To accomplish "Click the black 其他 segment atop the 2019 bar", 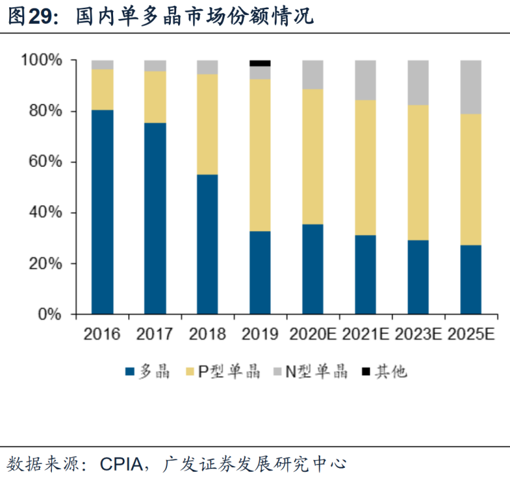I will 260,63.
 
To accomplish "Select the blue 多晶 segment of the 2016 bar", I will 103,211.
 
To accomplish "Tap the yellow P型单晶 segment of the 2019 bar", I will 260,155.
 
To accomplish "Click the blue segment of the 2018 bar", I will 208,244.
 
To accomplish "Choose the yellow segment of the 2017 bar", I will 155,97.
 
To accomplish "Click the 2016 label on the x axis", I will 102,334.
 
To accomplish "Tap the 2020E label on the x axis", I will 312,334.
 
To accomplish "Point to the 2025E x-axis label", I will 471,334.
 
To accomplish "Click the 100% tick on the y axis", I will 41,61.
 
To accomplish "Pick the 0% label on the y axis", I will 49,315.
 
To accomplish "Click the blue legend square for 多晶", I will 129,372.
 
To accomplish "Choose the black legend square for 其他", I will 365,372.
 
